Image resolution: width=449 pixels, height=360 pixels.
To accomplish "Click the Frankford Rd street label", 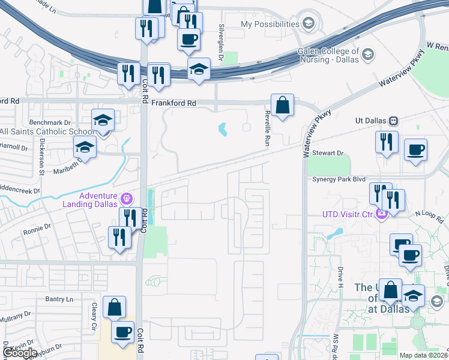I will [x=173, y=103].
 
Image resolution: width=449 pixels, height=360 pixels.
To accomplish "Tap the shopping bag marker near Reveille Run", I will [x=282, y=106].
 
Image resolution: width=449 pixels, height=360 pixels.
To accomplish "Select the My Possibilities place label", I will [x=270, y=24].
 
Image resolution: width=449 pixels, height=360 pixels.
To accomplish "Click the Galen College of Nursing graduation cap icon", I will [x=367, y=55].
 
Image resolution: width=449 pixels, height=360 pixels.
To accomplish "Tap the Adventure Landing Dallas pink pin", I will [x=126, y=197].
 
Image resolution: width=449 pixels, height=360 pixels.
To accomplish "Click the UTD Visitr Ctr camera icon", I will [x=381, y=214].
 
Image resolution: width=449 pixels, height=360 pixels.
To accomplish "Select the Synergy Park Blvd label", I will [x=339, y=179].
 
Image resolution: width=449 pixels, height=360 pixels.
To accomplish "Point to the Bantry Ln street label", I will [x=59, y=299].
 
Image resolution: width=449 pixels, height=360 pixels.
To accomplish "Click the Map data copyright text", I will [x=423, y=355].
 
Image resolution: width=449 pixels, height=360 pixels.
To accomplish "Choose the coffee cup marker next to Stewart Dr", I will [x=415, y=150].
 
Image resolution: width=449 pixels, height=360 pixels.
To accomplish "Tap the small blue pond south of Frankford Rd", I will [x=223, y=129].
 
